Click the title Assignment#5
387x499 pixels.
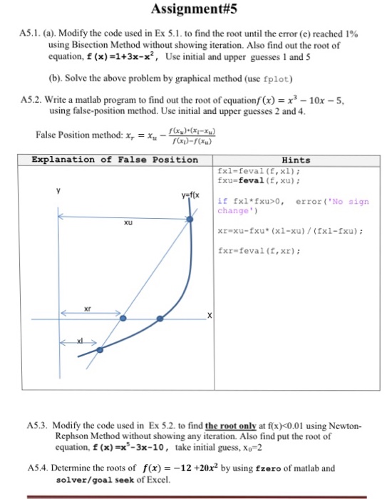[193, 10]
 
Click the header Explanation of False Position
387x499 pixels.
[115, 160]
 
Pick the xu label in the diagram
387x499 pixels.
[128, 223]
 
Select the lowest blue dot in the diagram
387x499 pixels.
[99, 349]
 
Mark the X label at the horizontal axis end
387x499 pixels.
[210, 315]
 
